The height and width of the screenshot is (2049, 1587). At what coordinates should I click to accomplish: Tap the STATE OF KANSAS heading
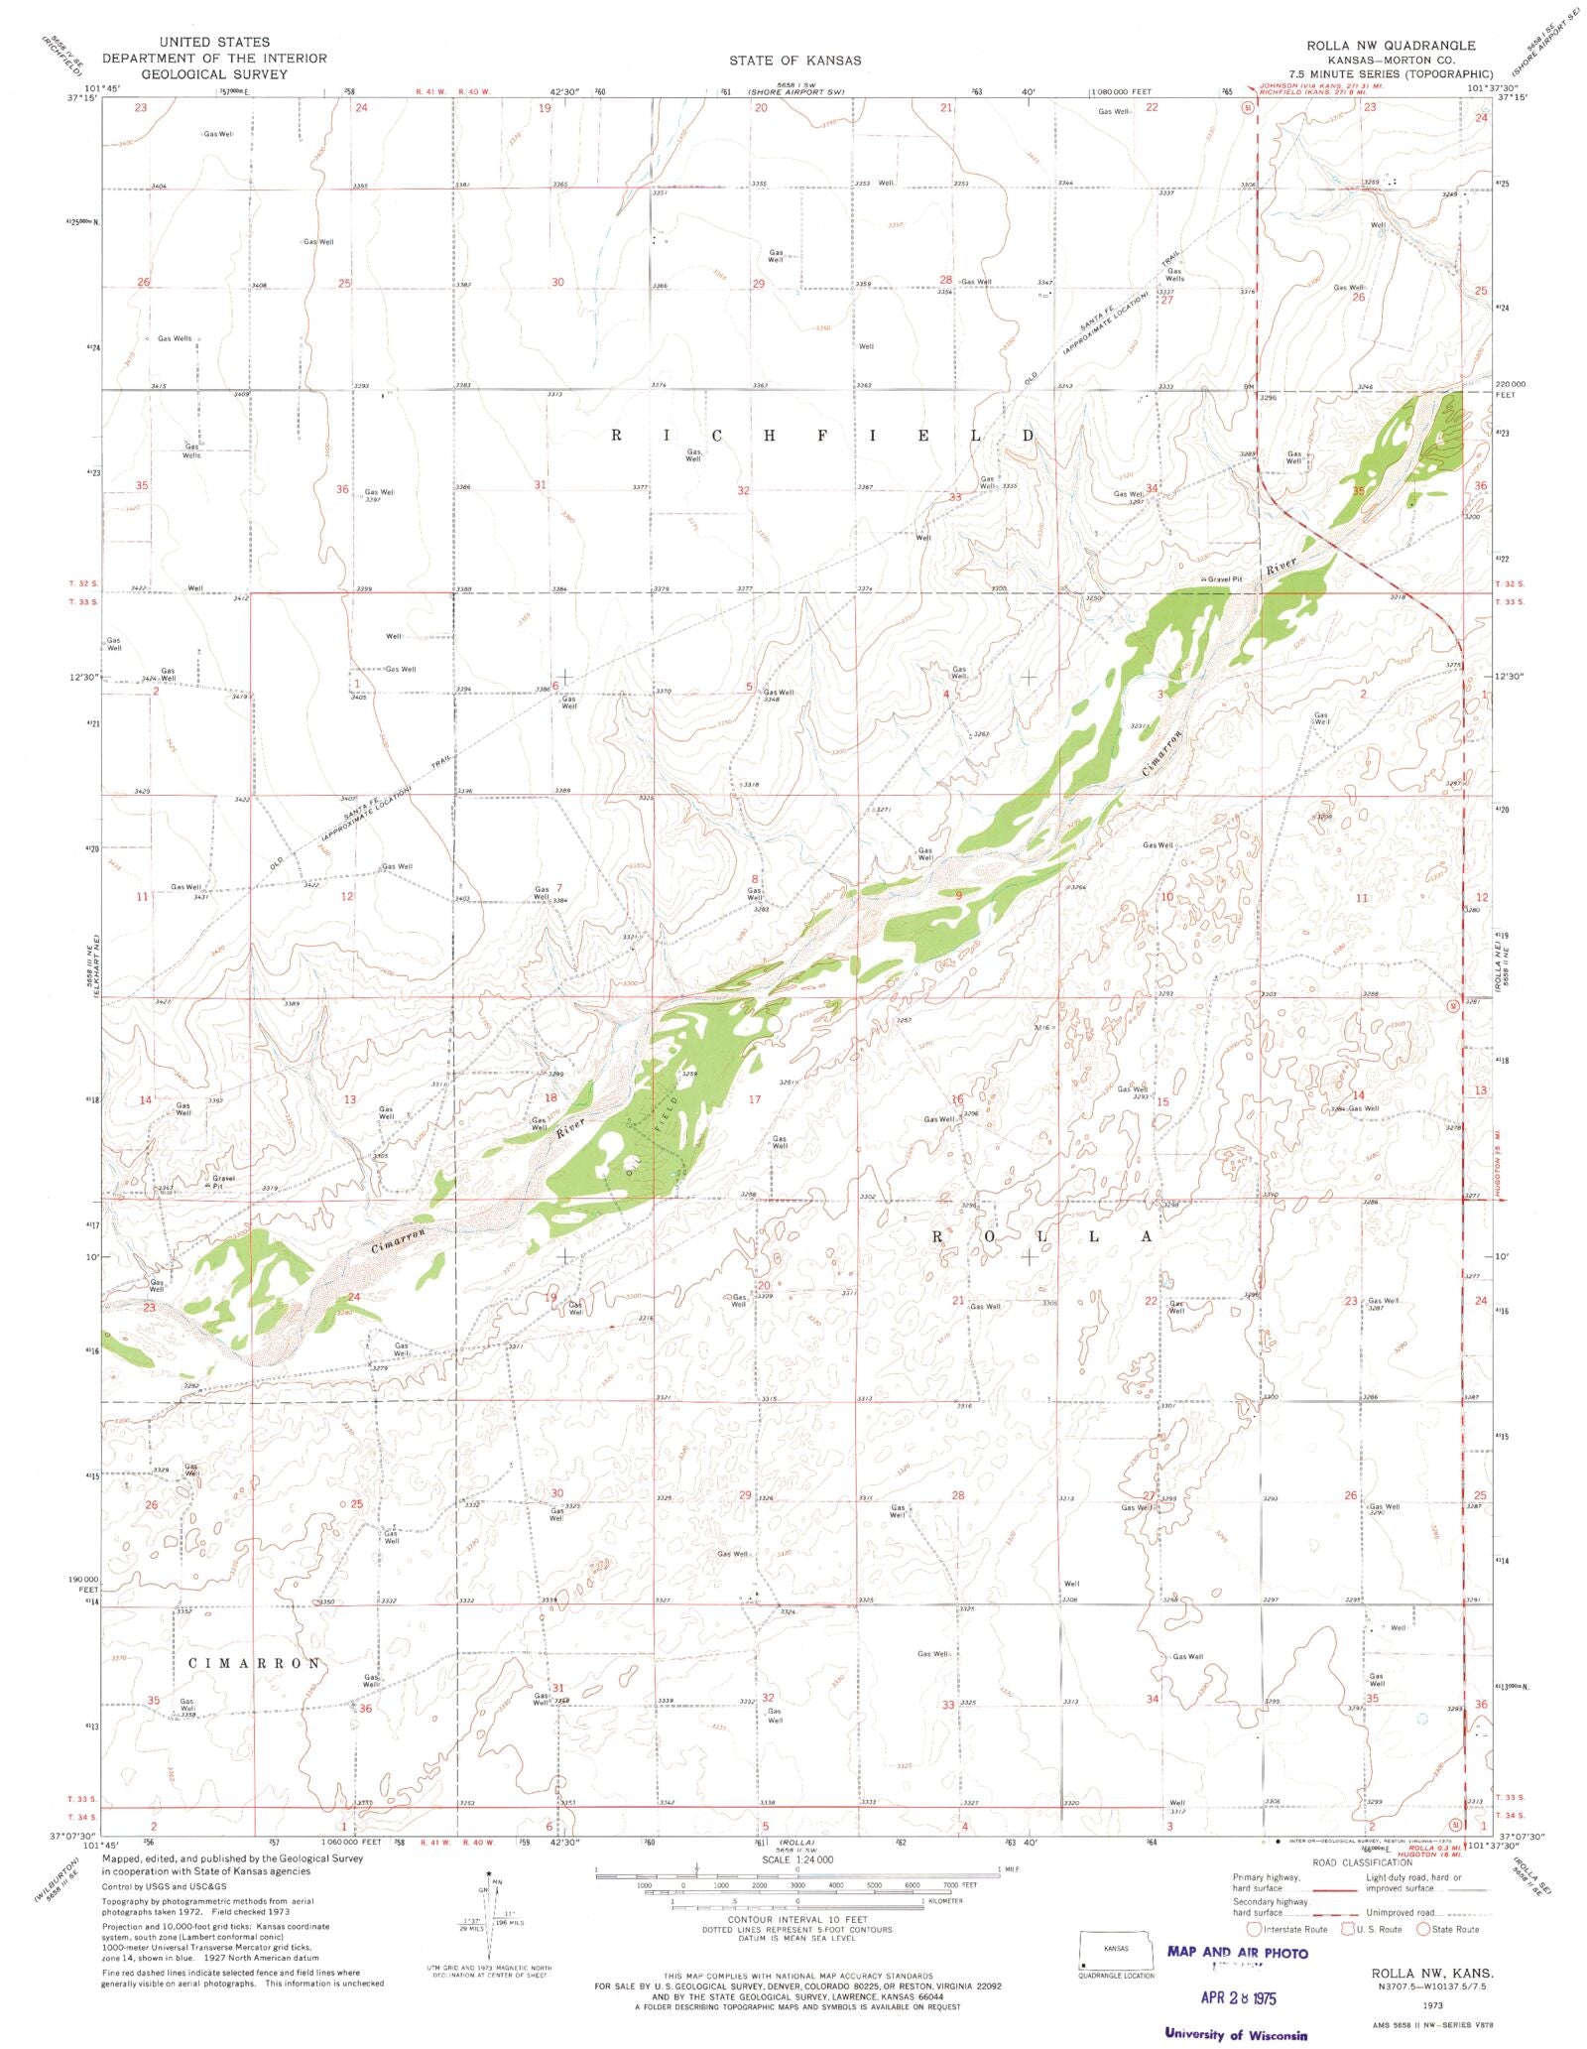coord(795,61)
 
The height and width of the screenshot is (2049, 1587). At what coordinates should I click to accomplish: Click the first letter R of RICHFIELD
coord(617,436)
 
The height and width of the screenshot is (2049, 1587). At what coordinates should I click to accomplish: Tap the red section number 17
coord(755,1099)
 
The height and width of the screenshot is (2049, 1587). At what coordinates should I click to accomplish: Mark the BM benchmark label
coord(1236,388)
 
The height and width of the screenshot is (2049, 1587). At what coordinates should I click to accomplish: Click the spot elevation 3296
coord(1268,398)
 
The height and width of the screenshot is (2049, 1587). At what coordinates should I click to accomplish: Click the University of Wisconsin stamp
coord(1236,2034)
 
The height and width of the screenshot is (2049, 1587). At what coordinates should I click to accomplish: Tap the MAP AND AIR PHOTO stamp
coord(1237,1953)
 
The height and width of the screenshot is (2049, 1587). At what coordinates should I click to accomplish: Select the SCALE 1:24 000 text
coord(796,1859)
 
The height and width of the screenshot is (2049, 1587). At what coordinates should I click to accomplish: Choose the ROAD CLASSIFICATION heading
coord(1362,1862)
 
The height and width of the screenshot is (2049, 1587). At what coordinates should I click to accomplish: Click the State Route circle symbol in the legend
coord(1423,1929)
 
